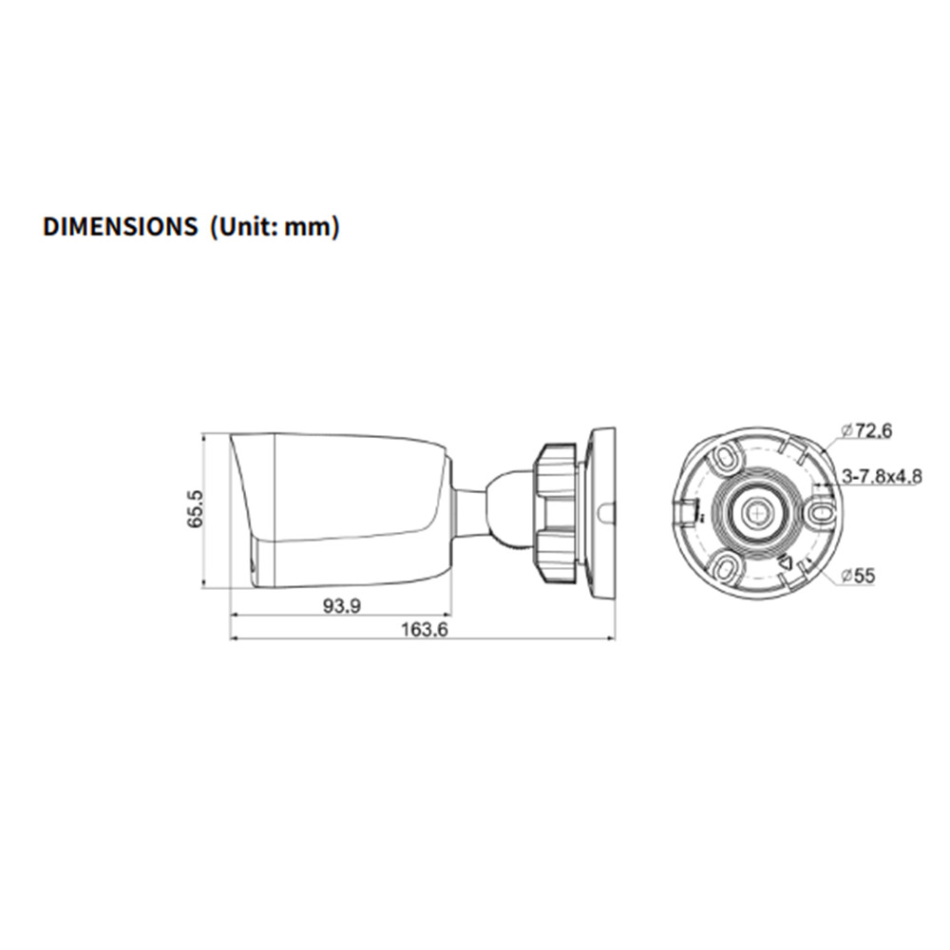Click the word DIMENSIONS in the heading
click(120, 227)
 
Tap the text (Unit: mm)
click(275, 227)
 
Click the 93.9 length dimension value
click(341, 605)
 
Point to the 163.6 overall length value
click(424, 630)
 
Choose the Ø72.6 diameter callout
click(867, 430)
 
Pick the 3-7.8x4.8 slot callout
click(883, 476)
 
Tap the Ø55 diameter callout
click(859, 575)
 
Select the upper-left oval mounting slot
click(725, 456)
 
